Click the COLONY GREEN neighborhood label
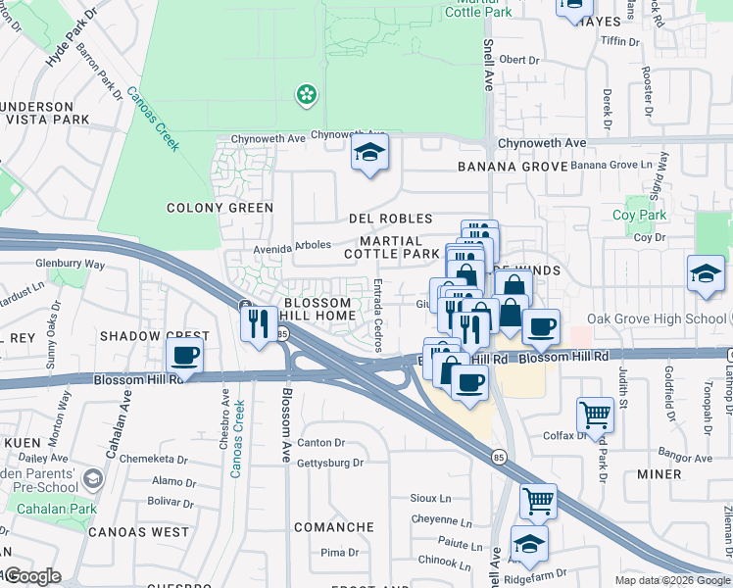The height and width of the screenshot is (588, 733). (x=220, y=208)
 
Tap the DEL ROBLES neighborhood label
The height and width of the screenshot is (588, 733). (x=390, y=219)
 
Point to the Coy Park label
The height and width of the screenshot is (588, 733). (x=639, y=216)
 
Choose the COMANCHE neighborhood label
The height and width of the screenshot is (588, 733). (x=334, y=527)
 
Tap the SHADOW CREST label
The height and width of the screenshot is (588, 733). (x=142, y=335)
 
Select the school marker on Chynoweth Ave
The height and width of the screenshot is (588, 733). (x=369, y=153)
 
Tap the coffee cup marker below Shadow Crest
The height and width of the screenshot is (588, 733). (x=184, y=357)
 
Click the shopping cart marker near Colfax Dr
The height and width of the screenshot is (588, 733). (x=595, y=415)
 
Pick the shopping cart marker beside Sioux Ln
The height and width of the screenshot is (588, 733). (x=538, y=501)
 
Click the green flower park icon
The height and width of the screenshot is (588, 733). (x=307, y=94)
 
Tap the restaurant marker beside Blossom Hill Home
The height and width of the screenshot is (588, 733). (x=259, y=322)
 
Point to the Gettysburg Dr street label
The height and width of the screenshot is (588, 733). (x=330, y=463)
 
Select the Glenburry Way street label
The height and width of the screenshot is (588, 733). (x=70, y=264)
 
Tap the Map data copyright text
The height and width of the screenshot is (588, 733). (x=672, y=580)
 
